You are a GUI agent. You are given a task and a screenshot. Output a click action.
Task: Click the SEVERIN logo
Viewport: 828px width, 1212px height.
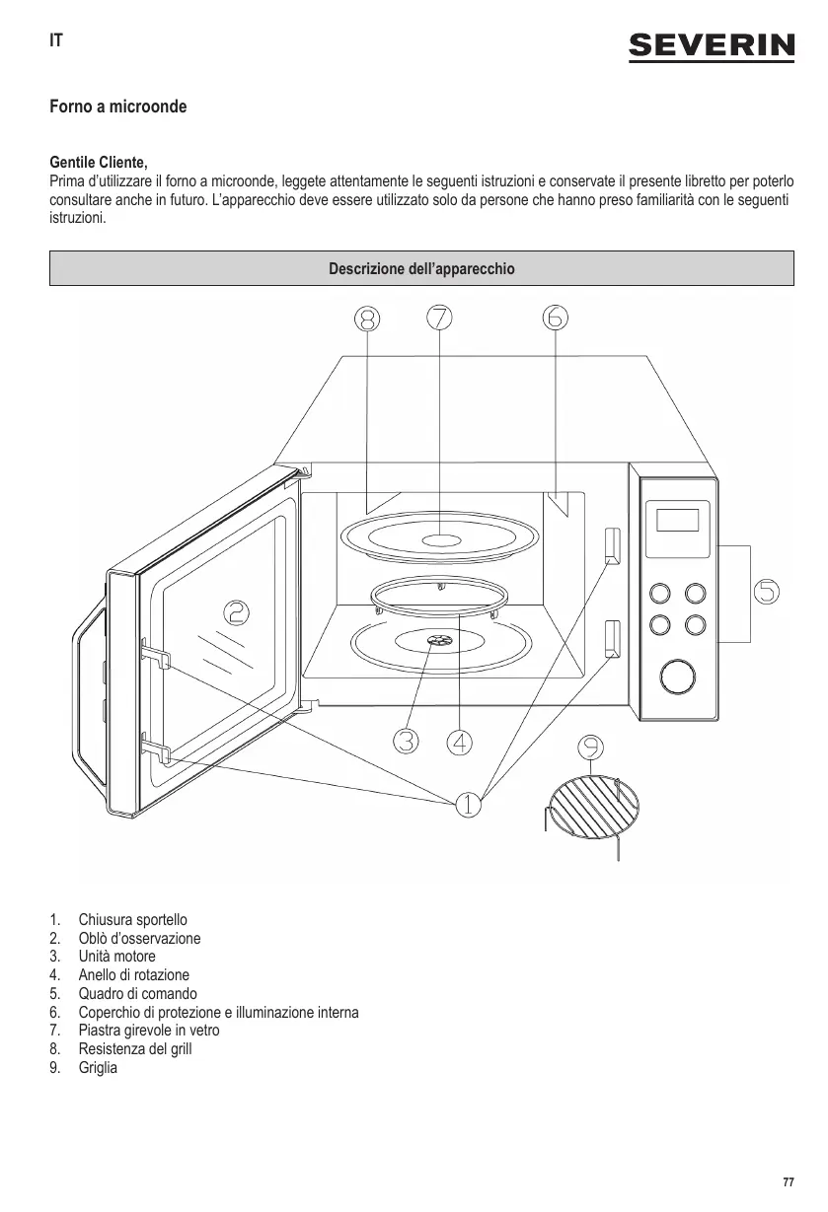click(712, 45)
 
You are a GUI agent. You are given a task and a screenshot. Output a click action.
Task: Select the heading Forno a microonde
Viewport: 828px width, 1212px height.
click(118, 106)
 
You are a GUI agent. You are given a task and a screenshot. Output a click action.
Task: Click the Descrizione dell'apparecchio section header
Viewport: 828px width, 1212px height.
click(421, 268)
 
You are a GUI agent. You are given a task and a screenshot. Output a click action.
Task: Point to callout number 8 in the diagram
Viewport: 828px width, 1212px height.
click(367, 318)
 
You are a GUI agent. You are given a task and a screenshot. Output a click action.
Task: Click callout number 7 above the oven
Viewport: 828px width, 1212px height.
click(439, 318)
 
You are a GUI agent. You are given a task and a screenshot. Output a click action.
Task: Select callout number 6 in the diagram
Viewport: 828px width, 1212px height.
click(555, 318)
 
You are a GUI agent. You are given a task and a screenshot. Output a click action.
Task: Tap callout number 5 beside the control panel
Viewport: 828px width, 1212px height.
click(767, 592)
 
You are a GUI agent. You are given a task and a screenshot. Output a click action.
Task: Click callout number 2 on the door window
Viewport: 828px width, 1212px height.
click(236, 613)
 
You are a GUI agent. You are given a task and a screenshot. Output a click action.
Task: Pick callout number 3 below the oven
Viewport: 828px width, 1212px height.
click(405, 741)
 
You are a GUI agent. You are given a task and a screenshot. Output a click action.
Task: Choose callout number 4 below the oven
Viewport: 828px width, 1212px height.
click(459, 741)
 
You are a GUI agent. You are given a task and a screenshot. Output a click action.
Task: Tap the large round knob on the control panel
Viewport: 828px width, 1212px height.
click(677, 677)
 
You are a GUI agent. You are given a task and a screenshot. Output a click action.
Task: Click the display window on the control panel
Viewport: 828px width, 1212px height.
click(677, 519)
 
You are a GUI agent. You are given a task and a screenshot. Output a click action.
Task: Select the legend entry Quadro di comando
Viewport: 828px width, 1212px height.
click(138, 994)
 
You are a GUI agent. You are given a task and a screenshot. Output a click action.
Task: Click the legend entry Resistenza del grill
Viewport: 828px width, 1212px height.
click(135, 1049)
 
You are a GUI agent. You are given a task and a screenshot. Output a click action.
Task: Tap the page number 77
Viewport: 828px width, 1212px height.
click(787, 1182)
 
